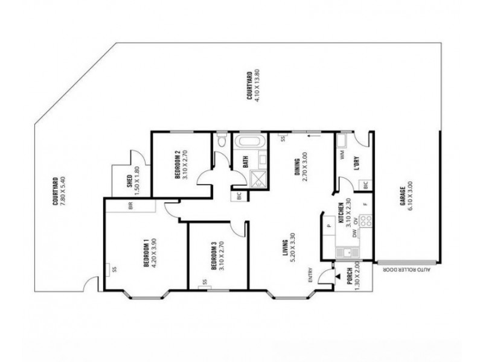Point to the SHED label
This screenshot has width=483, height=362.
[x=130, y=180]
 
